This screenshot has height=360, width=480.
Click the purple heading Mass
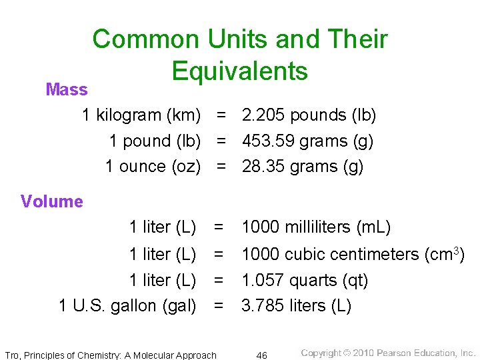[x=67, y=89]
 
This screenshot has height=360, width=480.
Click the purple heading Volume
[x=52, y=201]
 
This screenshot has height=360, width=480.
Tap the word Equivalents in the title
[x=240, y=71]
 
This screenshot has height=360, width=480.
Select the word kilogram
[x=129, y=115]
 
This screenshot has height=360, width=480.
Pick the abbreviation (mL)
[x=374, y=227]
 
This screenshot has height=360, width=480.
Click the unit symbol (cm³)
[x=445, y=254]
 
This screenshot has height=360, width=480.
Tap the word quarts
[x=317, y=281]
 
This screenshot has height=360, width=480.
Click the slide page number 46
[x=262, y=355]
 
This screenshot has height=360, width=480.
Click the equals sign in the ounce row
[x=221, y=167]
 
